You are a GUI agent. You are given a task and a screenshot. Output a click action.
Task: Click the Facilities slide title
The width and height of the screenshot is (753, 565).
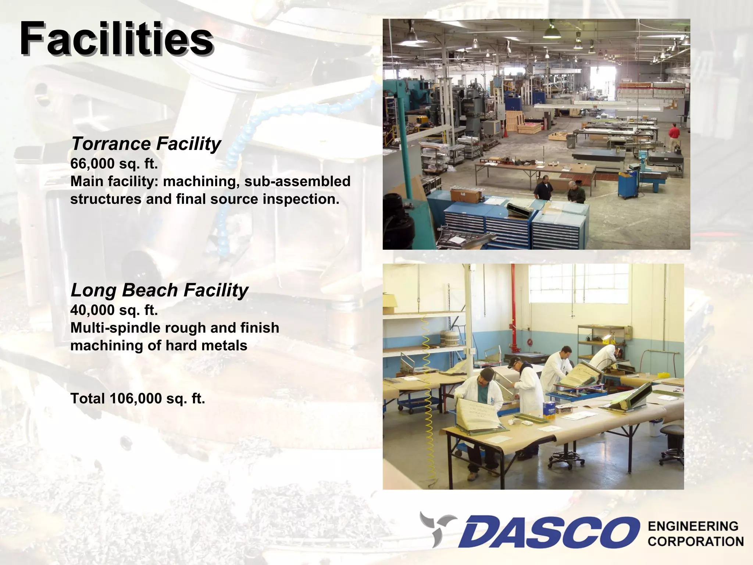click(x=116, y=38)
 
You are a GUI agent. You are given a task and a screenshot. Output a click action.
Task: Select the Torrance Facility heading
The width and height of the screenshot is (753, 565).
click(x=146, y=143)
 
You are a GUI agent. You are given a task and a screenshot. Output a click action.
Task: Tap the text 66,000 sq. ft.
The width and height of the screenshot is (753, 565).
click(x=114, y=163)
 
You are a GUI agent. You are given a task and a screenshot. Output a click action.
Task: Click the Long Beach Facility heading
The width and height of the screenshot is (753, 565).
click(x=159, y=290)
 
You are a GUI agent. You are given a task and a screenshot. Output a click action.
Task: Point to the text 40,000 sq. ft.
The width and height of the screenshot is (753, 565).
click(x=114, y=310)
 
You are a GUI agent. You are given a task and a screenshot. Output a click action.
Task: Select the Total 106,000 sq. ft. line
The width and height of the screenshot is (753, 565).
click(x=138, y=398)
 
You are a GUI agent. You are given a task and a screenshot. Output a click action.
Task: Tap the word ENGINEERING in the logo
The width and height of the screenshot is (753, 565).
click(x=693, y=526)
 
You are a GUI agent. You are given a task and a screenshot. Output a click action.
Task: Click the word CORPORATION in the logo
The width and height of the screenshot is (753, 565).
click(x=695, y=541)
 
